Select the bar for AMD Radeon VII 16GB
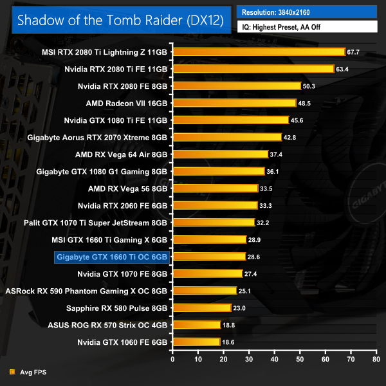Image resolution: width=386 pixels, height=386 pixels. pos(234,103)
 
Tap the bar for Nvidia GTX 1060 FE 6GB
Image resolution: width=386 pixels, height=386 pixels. pos(196,342)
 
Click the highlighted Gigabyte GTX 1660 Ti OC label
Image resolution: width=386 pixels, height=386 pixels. pos(113,257)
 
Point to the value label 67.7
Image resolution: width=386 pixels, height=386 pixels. pos(353,51)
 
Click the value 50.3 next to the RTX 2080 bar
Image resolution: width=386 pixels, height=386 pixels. pos(310,86)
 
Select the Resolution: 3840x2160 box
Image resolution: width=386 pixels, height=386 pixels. pos(306,12)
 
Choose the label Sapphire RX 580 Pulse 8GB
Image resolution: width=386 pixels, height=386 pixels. pos(119,308)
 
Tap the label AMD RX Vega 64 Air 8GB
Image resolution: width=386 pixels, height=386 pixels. pos(121,154)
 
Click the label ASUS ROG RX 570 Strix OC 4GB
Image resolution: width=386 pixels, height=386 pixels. pos(107,325)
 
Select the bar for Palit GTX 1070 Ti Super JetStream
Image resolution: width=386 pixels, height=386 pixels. pos(214,223)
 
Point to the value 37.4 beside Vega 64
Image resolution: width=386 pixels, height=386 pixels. pos(277,154)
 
